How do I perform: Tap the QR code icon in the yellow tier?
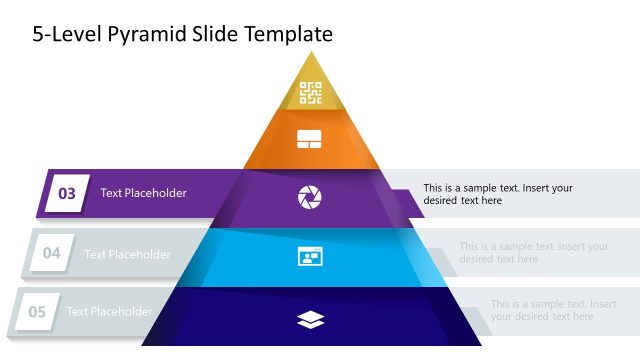coord(310,93)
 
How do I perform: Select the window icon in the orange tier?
coord(310,140)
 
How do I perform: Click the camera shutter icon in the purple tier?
coord(310,197)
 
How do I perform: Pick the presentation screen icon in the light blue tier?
coord(310,257)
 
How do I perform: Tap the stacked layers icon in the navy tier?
coord(311,319)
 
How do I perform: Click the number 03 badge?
coord(67,193)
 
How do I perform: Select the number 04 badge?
coord(51,254)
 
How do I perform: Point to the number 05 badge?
coord(37,312)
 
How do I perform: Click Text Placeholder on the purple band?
coord(143,193)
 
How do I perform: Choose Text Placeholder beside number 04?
coord(127,254)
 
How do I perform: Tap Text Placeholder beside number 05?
coord(109,312)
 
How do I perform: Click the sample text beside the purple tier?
coord(497,194)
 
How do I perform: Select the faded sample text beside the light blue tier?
coord(533,253)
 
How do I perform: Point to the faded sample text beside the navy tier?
coord(553,310)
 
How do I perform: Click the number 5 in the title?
coord(38,35)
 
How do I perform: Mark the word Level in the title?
coord(75,35)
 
